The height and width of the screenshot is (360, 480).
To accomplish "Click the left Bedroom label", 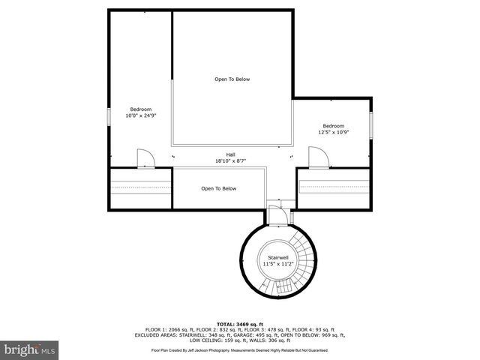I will (141, 109).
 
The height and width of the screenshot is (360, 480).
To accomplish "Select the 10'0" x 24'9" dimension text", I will (141, 116).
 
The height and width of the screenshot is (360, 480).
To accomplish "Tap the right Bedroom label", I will (333, 126).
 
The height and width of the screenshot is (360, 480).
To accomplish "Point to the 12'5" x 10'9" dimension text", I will (333, 133).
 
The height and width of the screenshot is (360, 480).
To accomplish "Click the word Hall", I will (231, 154).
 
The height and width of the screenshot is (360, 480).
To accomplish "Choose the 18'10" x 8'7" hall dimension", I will (231, 160).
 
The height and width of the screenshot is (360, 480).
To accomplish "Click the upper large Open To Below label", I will (232, 79).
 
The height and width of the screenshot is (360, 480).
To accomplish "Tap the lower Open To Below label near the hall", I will (218, 189).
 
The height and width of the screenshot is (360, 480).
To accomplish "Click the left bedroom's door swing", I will (145, 157).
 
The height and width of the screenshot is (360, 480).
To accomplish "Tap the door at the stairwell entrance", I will (276, 214).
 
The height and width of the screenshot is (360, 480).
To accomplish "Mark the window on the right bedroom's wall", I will (370, 124).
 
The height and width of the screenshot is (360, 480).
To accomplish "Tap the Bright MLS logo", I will (30, 349).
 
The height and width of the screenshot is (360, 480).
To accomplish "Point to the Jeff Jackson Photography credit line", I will (240, 349).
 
